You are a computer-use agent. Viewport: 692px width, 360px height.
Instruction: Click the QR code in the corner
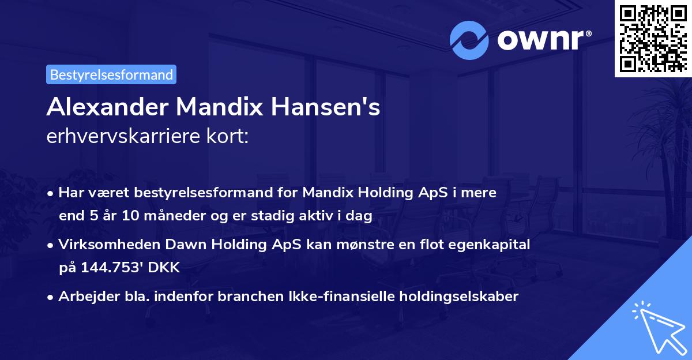(x=653, y=39)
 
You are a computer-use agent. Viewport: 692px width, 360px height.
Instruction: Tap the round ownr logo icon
(x=469, y=40)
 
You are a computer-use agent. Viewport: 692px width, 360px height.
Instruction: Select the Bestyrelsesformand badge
(x=111, y=74)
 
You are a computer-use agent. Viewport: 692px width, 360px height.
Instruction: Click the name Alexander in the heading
(x=107, y=107)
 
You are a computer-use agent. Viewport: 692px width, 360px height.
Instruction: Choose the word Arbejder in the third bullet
(x=84, y=297)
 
